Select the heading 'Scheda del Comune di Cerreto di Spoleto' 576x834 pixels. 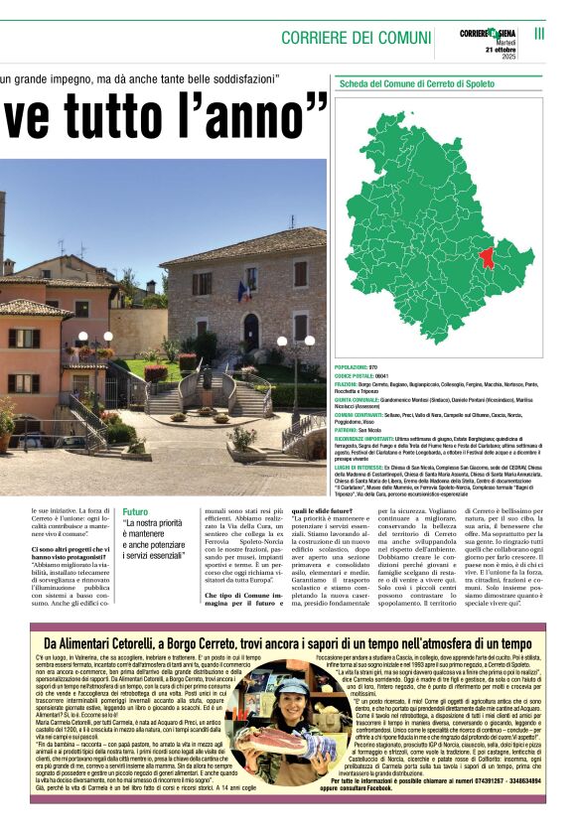tap(417, 84)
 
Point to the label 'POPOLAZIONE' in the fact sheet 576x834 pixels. tap(350, 367)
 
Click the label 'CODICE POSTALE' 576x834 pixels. tap(353, 375)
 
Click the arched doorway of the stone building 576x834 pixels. tap(251, 332)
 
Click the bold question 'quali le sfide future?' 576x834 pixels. tap(320, 512)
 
